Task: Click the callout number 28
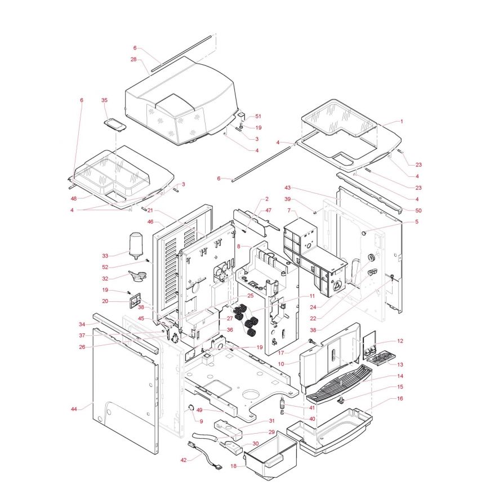pyautogui.click(x=133, y=59)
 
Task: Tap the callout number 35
pyautogui.click(x=104, y=100)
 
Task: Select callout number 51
pyautogui.click(x=259, y=116)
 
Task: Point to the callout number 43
pyautogui.click(x=287, y=188)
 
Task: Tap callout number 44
pyautogui.click(x=74, y=409)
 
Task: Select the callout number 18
pyautogui.click(x=234, y=466)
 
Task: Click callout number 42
pyautogui.click(x=183, y=461)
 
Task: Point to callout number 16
pyautogui.click(x=400, y=398)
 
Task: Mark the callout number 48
pyautogui.click(x=74, y=198)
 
